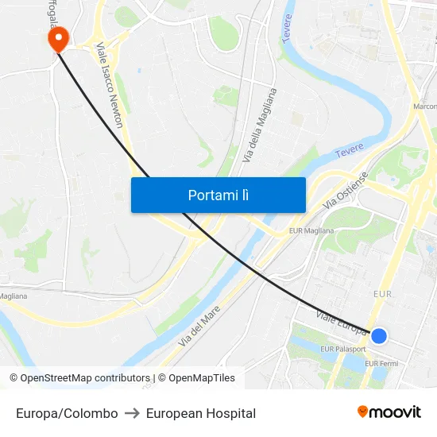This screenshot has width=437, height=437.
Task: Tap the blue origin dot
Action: (379, 336)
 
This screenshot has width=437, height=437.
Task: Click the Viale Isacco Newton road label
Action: (109, 86)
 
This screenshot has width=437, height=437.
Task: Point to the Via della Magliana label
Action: (260, 126)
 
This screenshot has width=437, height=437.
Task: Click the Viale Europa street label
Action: (341, 323)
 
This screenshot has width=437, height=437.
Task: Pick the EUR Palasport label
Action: (343, 349)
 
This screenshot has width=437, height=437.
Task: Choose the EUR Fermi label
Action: (381, 364)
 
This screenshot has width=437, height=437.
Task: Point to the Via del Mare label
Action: (199, 326)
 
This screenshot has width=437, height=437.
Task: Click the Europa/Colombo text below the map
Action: (67, 413)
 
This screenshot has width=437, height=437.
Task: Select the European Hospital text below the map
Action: (201, 413)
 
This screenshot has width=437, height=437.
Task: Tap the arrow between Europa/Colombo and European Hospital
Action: (132, 413)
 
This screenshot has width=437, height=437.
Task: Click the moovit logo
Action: (389, 412)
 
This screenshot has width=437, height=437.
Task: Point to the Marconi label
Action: (425, 106)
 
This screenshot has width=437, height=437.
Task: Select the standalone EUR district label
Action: (383, 295)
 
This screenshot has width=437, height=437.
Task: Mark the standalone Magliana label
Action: (13, 296)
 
